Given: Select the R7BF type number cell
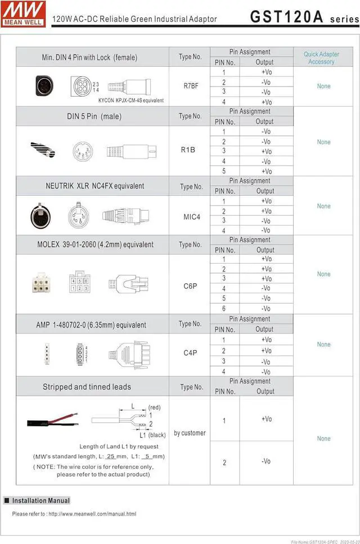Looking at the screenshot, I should tap(190, 86).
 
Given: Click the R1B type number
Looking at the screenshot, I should tap(188, 150).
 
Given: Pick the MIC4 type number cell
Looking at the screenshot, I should tap(192, 216).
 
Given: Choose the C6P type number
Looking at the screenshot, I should tap(190, 285).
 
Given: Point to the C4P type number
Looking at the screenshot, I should tap(190, 353).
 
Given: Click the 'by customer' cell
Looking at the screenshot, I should tap(190, 433).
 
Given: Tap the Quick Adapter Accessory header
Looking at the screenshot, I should tap(321, 58).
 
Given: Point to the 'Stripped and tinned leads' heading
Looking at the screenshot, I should tap(87, 387).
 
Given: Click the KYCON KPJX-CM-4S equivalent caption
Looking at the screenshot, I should tap(130, 101).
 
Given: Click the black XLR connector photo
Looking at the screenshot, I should tap(40, 215).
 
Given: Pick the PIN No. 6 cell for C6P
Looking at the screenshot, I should tap(224, 309).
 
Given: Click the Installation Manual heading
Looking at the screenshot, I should tap(40, 501).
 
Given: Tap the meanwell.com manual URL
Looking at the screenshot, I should tap(92, 514).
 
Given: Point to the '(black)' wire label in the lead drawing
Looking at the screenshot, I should tap(156, 434).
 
